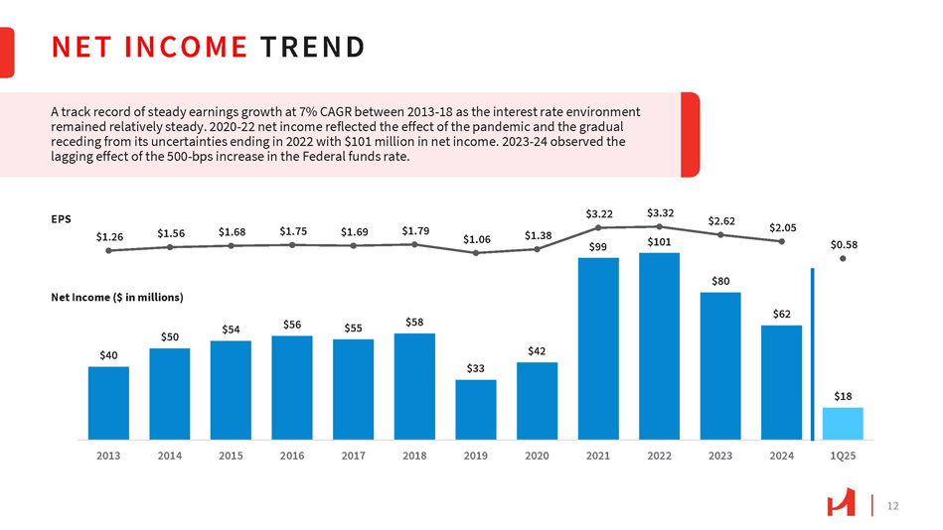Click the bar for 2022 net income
tap(659, 345)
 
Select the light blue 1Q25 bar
tap(843, 423)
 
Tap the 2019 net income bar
tap(476, 409)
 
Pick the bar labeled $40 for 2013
tap(108, 402)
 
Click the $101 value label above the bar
tap(659, 241)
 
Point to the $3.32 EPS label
tap(660, 212)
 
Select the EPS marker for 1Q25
tap(843, 259)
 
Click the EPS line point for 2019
tap(476, 253)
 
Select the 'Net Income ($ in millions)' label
tap(117, 297)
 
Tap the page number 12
tap(891, 506)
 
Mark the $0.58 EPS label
tap(844, 244)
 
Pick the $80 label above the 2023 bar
tap(720, 281)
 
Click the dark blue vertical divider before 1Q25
tap(812, 352)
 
